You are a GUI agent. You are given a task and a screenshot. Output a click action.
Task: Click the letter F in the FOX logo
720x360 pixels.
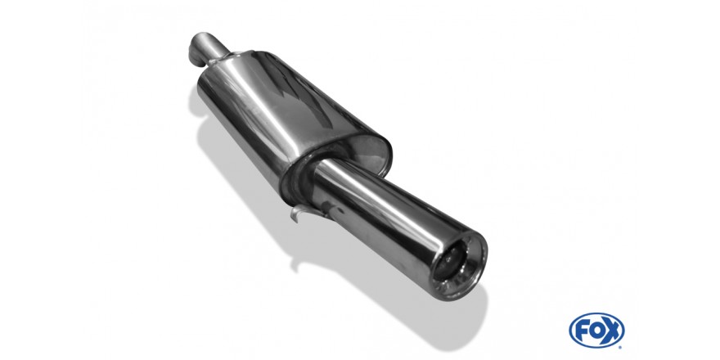(x=583, y=331)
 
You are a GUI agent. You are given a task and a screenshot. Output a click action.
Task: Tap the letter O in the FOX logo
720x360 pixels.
(x=596, y=331)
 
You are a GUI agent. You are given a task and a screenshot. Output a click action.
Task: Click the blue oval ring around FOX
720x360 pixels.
(x=596, y=314)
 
